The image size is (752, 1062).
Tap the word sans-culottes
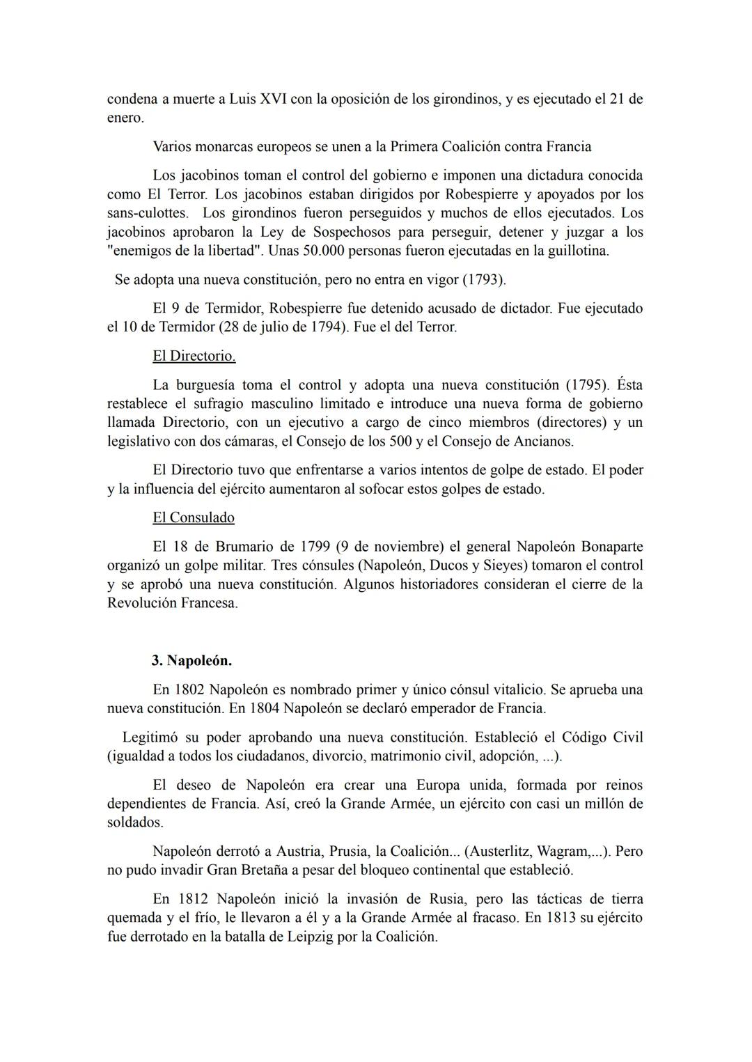147,212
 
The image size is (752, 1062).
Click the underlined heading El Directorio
194,356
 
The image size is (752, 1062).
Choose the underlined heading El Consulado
194,517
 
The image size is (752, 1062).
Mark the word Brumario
234,546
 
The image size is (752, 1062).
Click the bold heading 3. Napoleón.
191,659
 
